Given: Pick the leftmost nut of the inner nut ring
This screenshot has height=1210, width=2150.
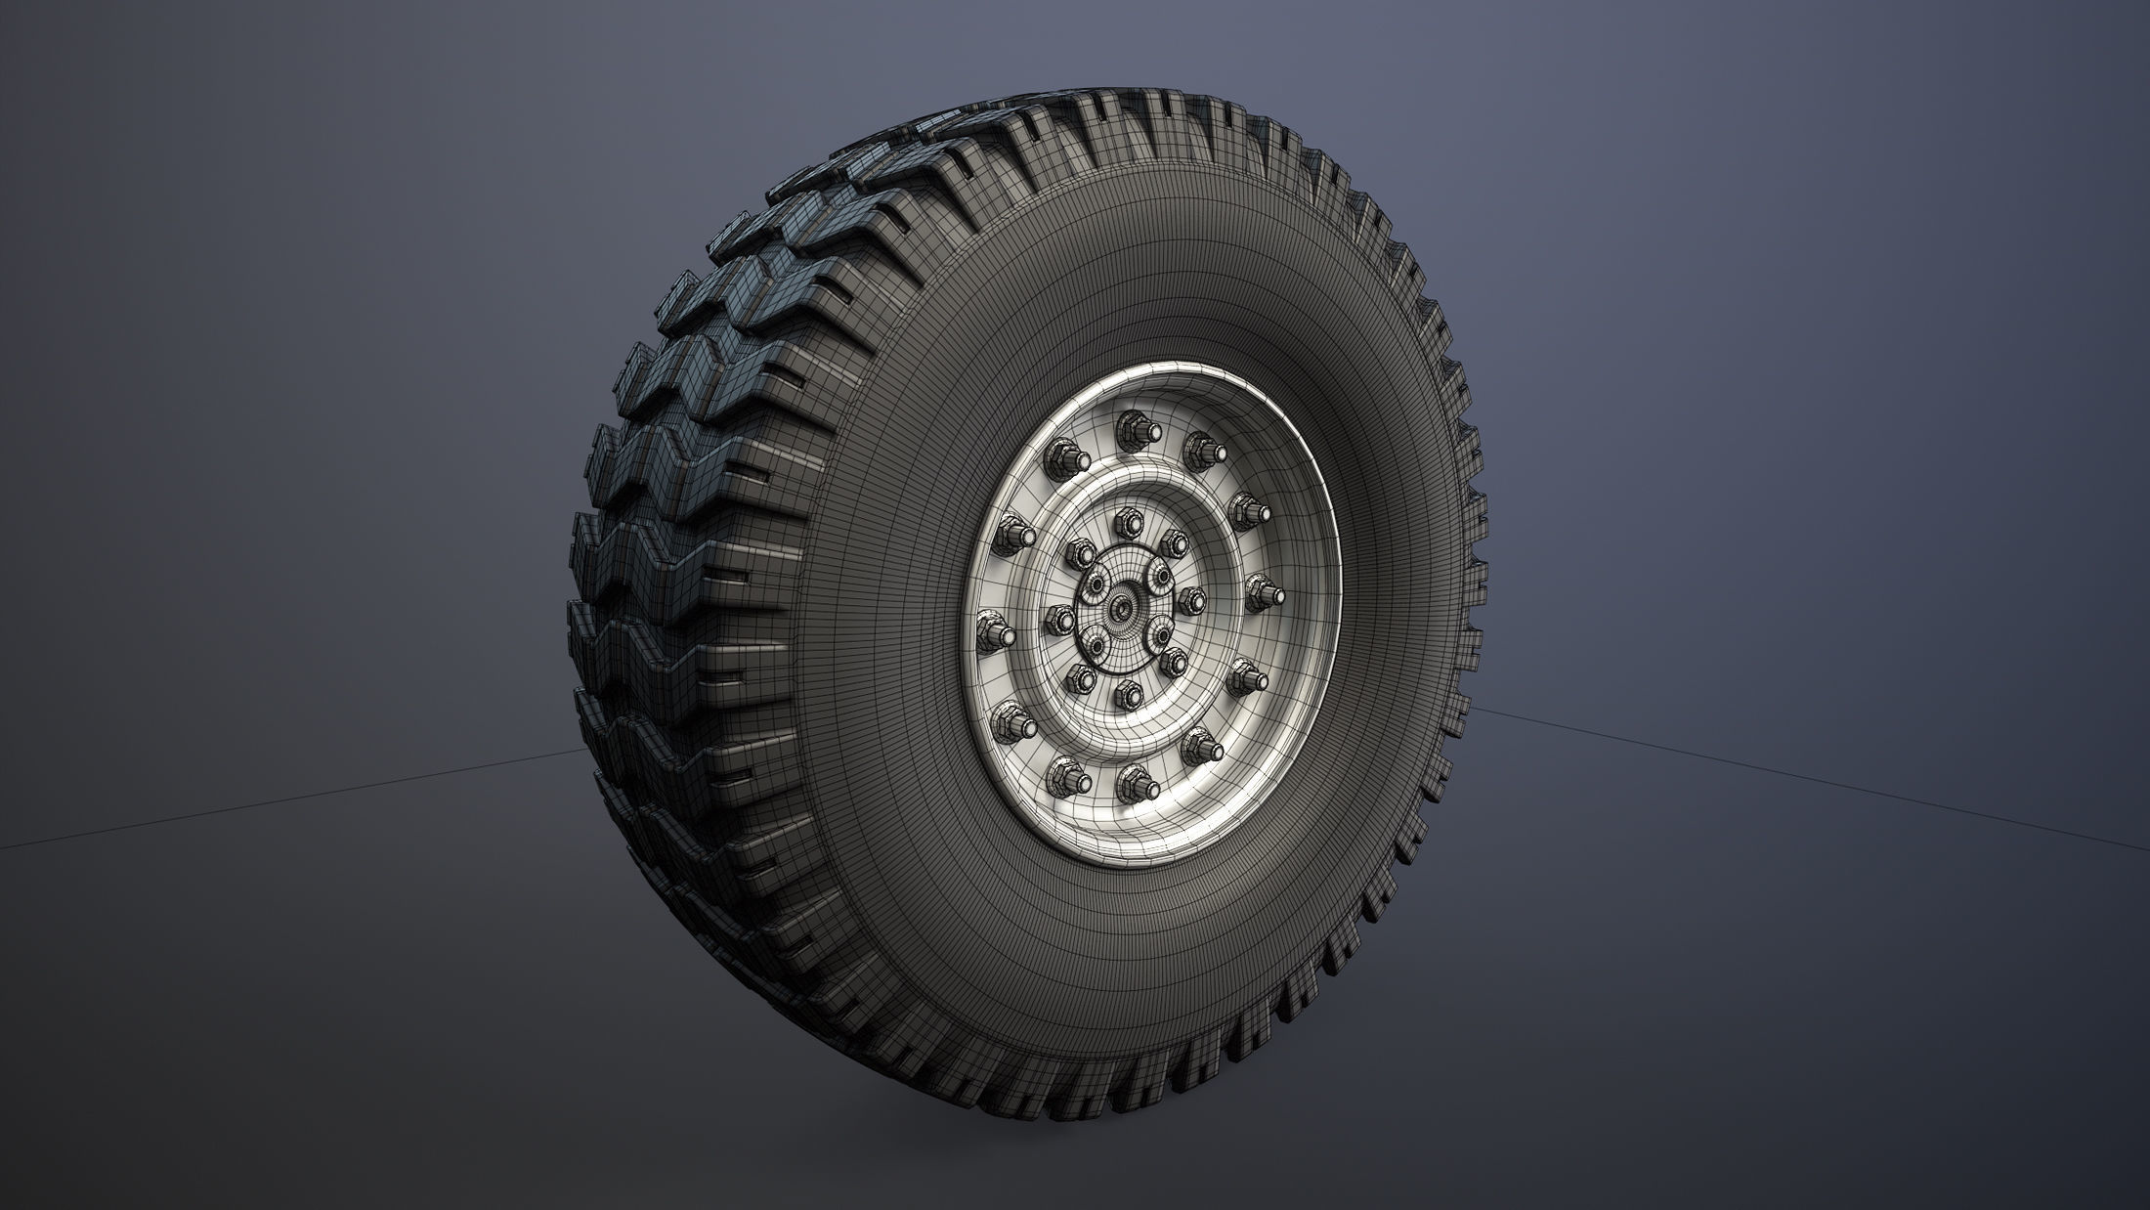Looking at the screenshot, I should pyautogui.click(x=1059, y=618).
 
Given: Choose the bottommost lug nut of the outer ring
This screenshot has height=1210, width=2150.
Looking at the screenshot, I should pyautogui.click(x=1134, y=779).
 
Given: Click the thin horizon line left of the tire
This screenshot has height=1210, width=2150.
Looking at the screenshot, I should pyautogui.click(x=293, y=797).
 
